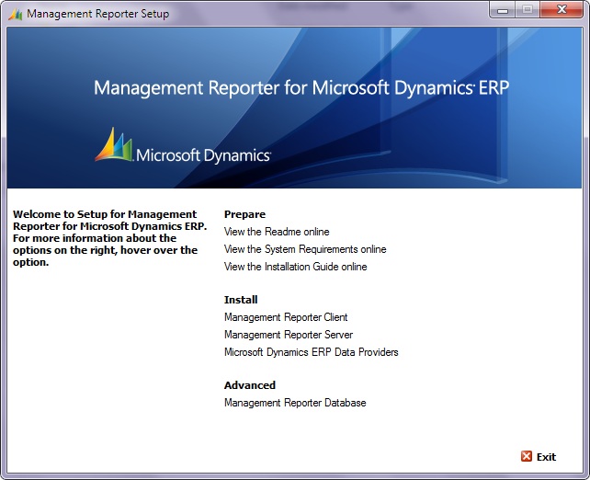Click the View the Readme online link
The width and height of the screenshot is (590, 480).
[x=277, y=232]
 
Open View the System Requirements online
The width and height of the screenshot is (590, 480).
[x=305, y=249]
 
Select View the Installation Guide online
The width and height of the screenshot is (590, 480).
[x=295, y=267]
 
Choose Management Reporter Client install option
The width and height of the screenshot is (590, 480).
[x=286, y=317]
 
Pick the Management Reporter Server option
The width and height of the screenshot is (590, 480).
[x=288, y=335]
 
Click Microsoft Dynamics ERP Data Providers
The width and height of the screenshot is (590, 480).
[x=311, y=352]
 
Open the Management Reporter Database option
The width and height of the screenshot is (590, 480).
[x=295, y=403]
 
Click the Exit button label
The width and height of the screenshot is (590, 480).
[x=546, y=457]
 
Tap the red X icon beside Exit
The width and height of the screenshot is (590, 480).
[x=527, y=456]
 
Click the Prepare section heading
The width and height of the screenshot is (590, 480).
[x=244, y=214]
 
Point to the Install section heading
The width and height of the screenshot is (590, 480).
[x=241, y=300]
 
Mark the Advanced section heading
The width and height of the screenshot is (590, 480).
[x=250, y=385]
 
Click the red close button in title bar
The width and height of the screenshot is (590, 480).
[x=561, y=11]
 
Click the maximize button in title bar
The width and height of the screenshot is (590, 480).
[x=528, y=11]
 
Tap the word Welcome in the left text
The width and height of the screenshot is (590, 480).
[x=37, y=214]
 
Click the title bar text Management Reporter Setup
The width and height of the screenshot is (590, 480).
[x=98, y=14]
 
